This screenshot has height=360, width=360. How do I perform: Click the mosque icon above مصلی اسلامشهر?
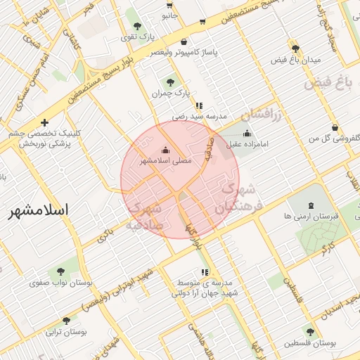pos(165,150)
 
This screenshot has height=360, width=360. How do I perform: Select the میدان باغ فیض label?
pos(296,60)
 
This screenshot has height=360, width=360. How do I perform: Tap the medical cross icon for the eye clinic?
pos(44,122)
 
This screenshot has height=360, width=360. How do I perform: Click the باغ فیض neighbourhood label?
pos(327,84)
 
